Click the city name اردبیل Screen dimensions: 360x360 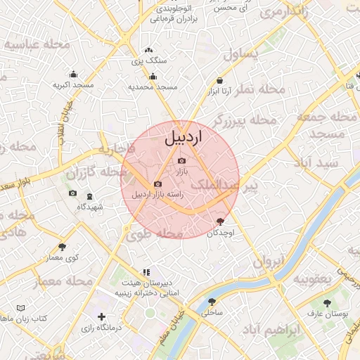tap(183, 138)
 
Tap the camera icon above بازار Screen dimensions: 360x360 tap(181, 161)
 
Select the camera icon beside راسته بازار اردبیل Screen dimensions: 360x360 tap(157, 184)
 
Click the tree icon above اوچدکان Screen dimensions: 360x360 tap(221, 221)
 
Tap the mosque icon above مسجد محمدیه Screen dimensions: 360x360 tap(153, 77)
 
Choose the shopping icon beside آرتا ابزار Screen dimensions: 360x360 tap(220, 81)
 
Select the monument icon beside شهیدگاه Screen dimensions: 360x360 tap(89, 196)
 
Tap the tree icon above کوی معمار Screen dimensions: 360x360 tap(63, 247)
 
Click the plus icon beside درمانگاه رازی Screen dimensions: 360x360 tap(102, 317)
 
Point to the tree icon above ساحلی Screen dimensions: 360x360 tap(212, 301)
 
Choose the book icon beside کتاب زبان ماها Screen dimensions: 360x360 tap(20, 308)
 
